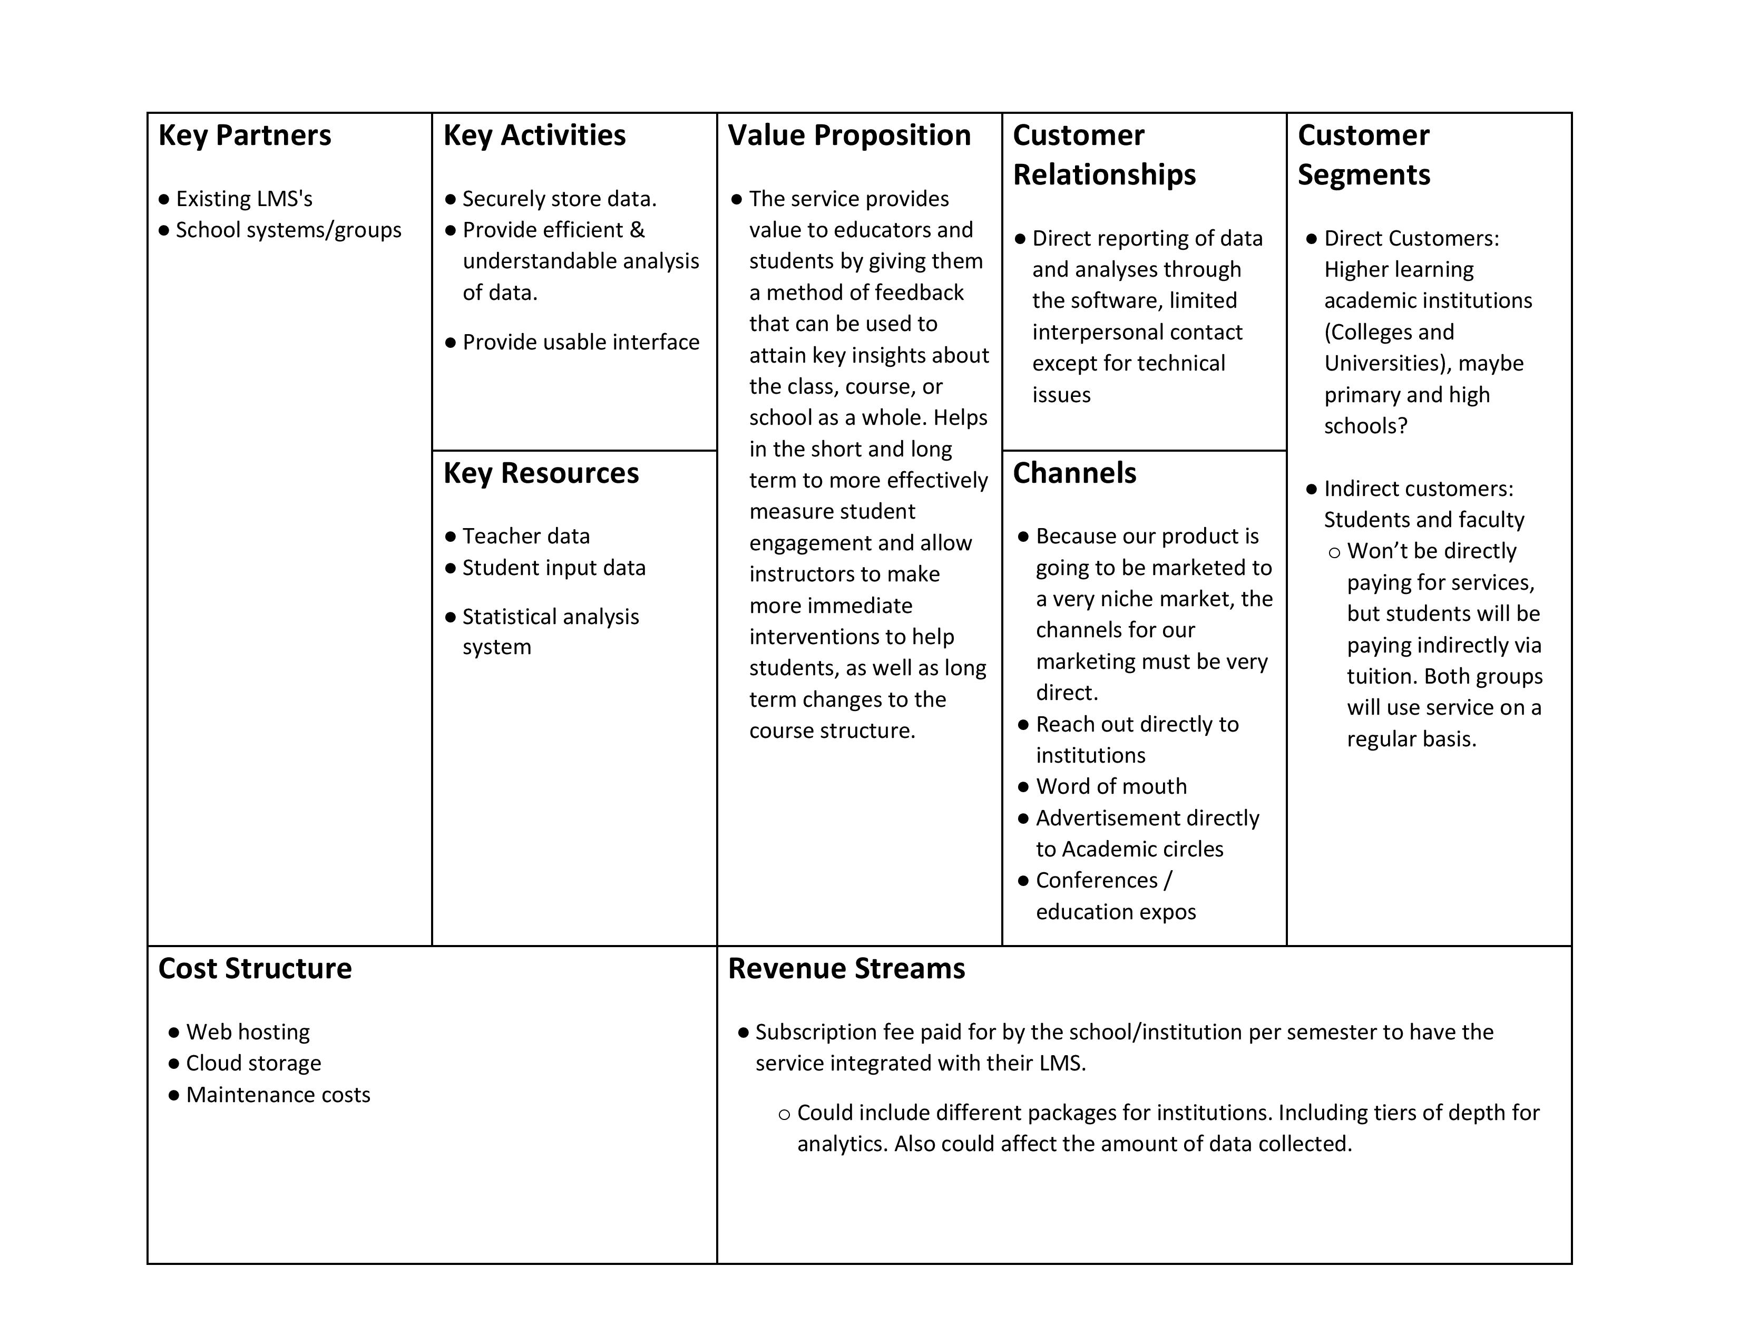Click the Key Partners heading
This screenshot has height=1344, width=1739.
coord(245,135)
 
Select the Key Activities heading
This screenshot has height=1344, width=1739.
coord(534,135)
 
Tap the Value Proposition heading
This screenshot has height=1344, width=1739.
coord(849,135)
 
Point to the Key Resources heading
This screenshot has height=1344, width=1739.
coord(541,473)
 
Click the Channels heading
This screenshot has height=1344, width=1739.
coord(1074,473)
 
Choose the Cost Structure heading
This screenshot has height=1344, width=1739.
coord(255,968)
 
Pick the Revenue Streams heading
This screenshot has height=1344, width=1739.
coord(846,968)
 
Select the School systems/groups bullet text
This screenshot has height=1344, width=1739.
coord(288,230)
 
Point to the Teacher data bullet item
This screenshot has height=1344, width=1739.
coord(525,536)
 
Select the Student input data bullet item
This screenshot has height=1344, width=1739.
coord(553,568)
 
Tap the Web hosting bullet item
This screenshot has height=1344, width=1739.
coord(248,1032)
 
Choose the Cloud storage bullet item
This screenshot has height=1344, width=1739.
coord(253,1063)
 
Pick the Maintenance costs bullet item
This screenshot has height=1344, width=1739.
coord(278,1095)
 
